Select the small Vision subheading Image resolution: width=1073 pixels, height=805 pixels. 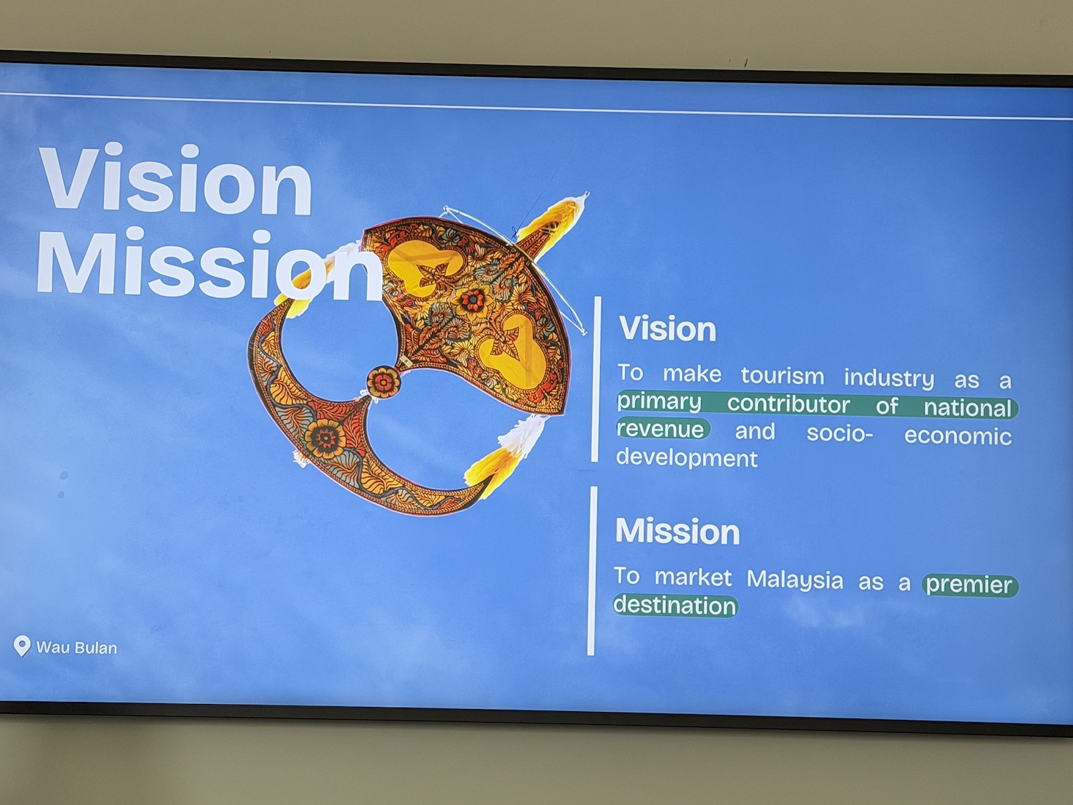pos(667,328)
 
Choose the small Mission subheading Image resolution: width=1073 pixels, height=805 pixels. pos(677,531)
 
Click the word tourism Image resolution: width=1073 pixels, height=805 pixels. pos(783,376)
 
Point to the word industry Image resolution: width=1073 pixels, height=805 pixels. pos(889,379)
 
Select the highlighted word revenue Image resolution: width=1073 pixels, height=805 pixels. pos(660,429)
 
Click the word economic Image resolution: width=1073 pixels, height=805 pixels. pos(958,436)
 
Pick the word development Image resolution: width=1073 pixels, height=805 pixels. pos(687,458)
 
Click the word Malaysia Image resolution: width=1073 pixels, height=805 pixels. pos(795,580)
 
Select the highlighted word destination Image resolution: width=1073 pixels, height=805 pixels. pos(675,605)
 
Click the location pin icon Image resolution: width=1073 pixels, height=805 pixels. pos(22,645)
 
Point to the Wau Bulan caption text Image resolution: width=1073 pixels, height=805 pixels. pos(77,648)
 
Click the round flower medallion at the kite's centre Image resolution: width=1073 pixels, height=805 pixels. pos(383,381)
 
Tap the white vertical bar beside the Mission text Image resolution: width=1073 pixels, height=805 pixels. pos(592,570)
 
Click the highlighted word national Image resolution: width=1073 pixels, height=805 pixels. pos(967,408)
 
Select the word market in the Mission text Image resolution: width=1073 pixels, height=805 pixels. pos(692,577)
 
